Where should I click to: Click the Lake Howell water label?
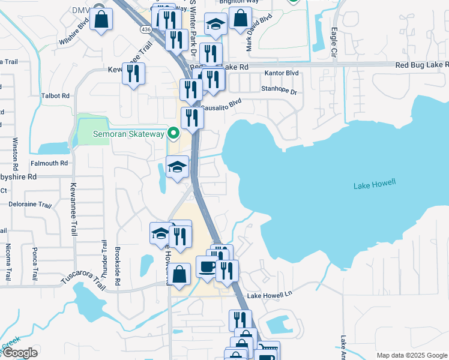pyautogui.click(x=376, y=186)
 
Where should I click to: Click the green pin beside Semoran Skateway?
pyautogui.click(x=174, y=133)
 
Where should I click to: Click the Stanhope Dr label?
pyautogui.click(x=279, y=92)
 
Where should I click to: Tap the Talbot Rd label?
pyautogui.click(x=56, y=95)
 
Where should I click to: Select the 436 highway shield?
pyautogui.click(x=146, y=28)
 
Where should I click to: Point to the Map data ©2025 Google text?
pyautogui.click(x=411, y=355)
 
